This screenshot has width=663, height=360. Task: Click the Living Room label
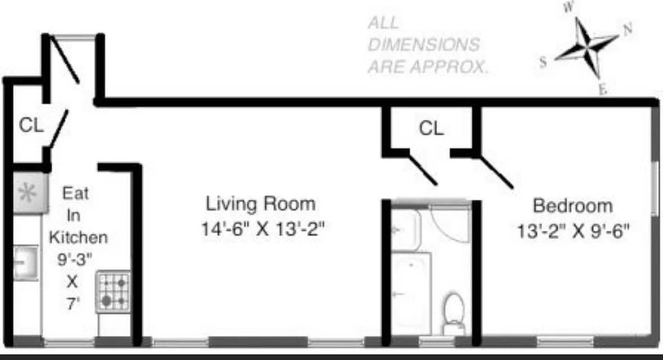(x=260, y=204)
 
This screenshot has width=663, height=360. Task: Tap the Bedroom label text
(x=573, y=206)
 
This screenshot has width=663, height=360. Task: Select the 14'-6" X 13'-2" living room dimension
(x=263, y=230)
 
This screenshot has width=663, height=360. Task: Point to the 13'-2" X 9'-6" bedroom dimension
(x=573, y=233)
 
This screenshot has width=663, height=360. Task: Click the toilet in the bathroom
(x=453, y=313)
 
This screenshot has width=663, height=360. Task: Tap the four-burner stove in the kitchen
(x=114, y=291)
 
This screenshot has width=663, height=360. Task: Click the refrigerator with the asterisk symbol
(x=30, y=193)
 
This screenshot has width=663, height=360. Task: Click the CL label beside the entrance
(x=31, y=126)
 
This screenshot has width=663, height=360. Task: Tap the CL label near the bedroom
(x=431, y=129)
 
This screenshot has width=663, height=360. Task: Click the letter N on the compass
(x=627, y=29)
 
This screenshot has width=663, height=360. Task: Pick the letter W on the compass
(x=568, y=8)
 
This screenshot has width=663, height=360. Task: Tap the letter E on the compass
(x=602, y=90)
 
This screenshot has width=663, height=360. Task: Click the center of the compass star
(x=587, y=47)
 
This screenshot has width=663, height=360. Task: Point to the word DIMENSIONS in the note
(x=424, y=45)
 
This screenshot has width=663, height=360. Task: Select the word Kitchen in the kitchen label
(x=78, y=237)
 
